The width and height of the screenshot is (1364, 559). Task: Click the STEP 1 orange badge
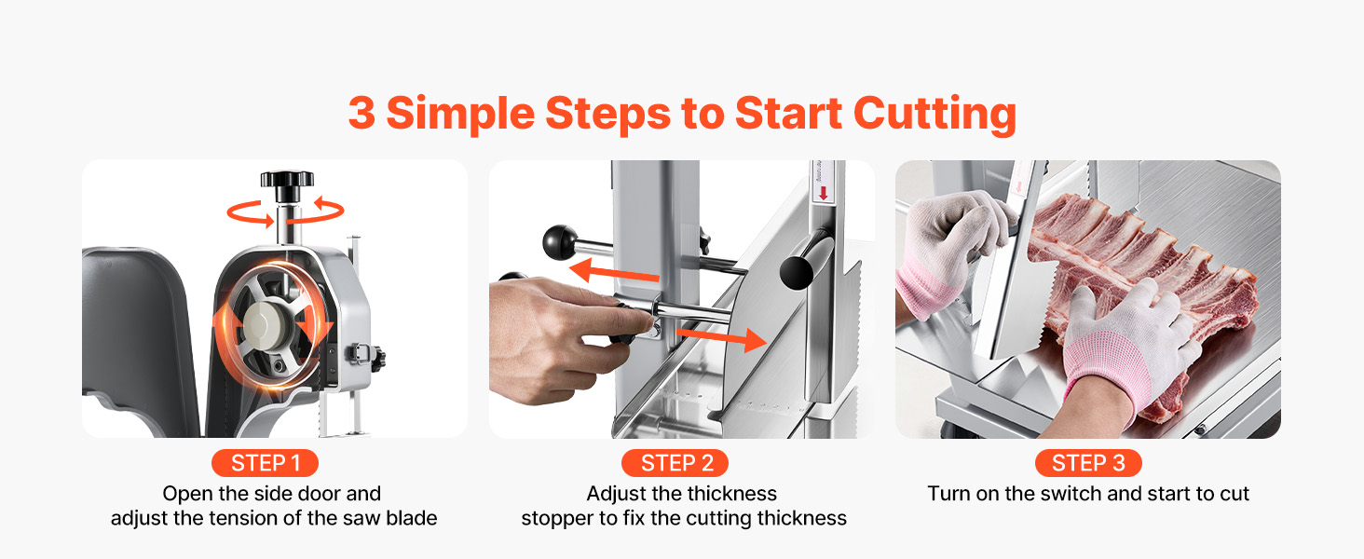tap(265, 463)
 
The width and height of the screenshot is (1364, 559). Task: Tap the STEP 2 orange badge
tap(675, 463)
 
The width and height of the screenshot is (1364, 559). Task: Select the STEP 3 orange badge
tap(1088, 463)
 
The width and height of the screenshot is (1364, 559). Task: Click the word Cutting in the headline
tap(934, 115)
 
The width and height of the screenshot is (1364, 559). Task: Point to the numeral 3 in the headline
tap(361, 113)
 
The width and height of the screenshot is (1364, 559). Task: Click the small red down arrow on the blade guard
tap(824, 193)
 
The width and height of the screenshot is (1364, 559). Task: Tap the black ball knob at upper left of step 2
tap(560, 241)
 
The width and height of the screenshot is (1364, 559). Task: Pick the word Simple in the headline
tap(460, 115)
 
